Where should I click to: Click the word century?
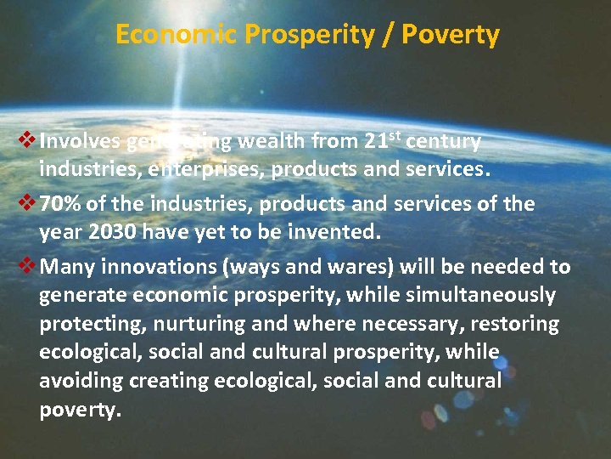click(444, 141)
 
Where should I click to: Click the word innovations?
click(157, 267)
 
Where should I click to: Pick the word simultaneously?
click(481, 296)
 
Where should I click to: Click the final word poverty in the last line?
click(80, 410)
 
